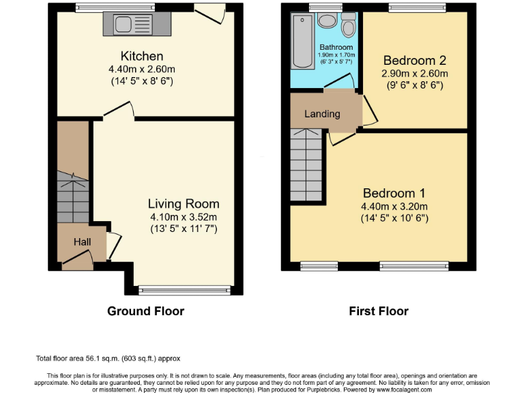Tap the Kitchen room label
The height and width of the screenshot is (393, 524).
click(x=141, y=56)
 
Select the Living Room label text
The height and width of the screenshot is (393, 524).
click(x=184, y=203)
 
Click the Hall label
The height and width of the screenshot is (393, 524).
click(x=82, y=242)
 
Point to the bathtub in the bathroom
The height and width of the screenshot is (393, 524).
click(x=301, y=40)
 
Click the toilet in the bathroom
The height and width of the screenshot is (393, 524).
click(x=349, y=25)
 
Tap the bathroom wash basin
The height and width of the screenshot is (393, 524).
click(x=327, y=20)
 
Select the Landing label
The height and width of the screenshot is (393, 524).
click(x=322, y=114)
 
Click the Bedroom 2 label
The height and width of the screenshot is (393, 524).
click(x=415, y=59)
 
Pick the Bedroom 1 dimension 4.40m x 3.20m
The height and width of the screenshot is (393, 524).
click(x=395, y=206)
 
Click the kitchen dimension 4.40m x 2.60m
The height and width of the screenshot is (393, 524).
click(x=141, y=69)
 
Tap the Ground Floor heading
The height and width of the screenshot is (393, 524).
click(x=145, y=311)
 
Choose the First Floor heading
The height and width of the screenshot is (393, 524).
click(x=379, y=311)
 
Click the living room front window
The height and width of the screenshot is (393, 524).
click(x=185, y=291)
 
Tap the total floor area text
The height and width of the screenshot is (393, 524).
click(x=108, y=358)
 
